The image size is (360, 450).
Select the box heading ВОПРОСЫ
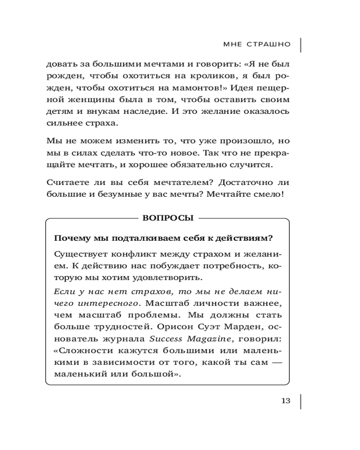pos(168,218)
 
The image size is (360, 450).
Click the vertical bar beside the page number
pos(300,401)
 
